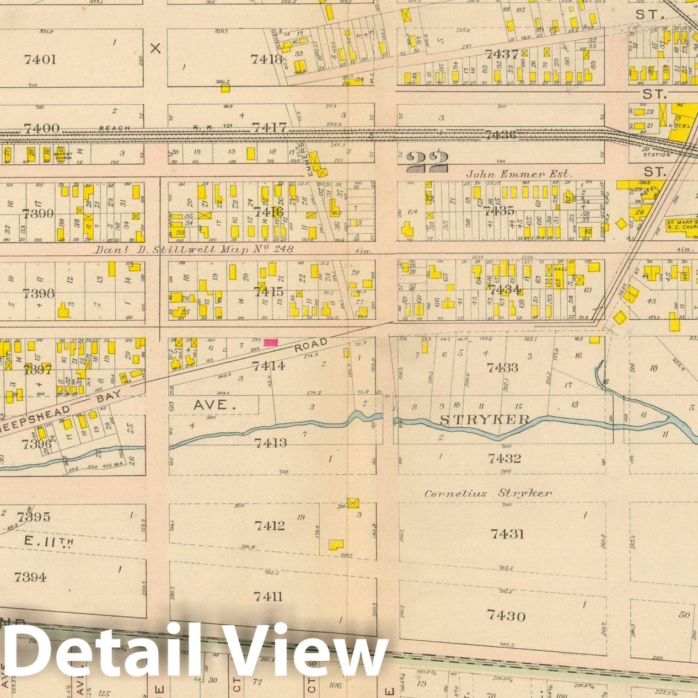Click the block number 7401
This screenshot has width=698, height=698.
pos(40,59)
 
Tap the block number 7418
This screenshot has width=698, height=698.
pos(267,59)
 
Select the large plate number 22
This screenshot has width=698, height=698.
pos(427,162)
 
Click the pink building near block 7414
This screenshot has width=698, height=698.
pos(270,342)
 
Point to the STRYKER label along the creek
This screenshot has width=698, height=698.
pos(485,420)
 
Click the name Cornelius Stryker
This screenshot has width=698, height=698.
pos(487,493)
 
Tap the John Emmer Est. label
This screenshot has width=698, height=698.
pos(519,174)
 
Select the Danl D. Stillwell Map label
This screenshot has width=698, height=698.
pos(194,249)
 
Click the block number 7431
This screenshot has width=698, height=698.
pos(507,534)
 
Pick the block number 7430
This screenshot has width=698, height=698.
pos(507,615)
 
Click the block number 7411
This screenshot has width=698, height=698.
pos(268,597)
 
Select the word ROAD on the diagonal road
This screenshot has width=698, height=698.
pos(310,346)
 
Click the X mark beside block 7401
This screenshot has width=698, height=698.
pos(156,49)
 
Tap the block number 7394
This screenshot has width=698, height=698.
pos(30,577)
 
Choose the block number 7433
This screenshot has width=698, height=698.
pos(502,367)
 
